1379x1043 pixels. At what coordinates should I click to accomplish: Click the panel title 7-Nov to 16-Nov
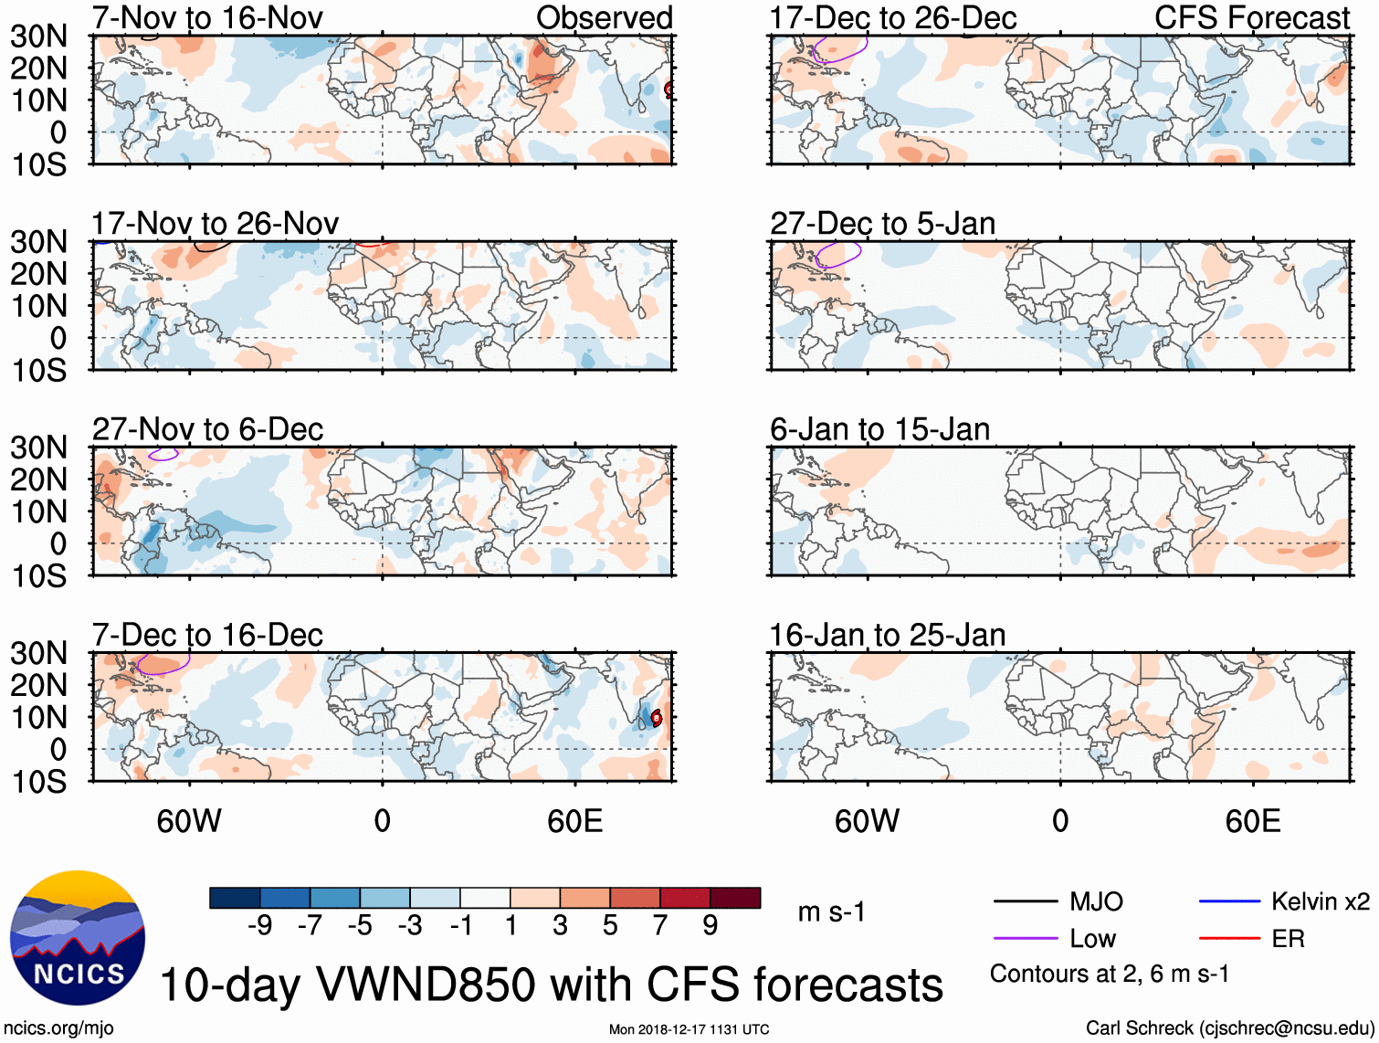[207, 18]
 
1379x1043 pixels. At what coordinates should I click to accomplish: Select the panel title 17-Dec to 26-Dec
[893, 18]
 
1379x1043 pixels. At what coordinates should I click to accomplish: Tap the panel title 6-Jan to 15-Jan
[879, 429]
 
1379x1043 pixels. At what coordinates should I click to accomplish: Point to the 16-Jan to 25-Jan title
[887, 635]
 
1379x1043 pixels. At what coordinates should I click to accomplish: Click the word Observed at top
[604, 18]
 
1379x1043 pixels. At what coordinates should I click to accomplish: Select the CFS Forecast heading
[1251, 18]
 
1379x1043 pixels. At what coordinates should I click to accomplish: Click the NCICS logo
[78, 938]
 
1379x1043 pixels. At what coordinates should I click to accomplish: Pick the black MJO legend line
[1025, 902]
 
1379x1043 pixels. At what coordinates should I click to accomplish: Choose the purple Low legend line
[1025, 939]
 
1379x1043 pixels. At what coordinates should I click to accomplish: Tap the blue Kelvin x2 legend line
[1229, 902]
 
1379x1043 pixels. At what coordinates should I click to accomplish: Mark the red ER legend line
[1229, 939]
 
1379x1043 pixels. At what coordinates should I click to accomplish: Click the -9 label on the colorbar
[260, 926]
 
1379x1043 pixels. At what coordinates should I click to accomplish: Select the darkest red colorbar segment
[735, 898]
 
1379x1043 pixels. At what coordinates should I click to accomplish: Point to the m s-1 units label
[831, 912]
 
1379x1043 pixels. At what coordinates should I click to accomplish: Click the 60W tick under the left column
[189, 821]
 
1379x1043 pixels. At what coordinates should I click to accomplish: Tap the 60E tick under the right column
[1252, 821]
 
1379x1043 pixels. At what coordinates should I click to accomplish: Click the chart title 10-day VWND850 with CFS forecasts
[551, 985]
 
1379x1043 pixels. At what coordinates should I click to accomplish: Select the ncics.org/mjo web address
[58, 1028]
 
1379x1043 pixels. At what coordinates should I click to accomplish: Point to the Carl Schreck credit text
[1229, 1028]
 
